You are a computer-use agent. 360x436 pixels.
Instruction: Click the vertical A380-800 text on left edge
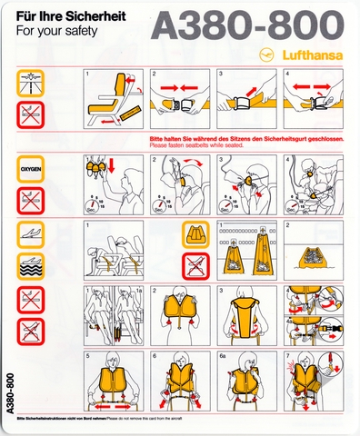click(x=9, y=391)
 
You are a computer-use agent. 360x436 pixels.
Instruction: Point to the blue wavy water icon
click(x=30, y=264)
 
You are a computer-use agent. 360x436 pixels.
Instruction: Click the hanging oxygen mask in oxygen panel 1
click(x=95, y=170)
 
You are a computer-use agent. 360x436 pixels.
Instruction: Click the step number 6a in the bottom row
click(x=224, y=357)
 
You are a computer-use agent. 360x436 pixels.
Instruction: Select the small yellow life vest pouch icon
click(x=195, y=235)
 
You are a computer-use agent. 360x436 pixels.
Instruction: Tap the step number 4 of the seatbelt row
click(x=289, y=71)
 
